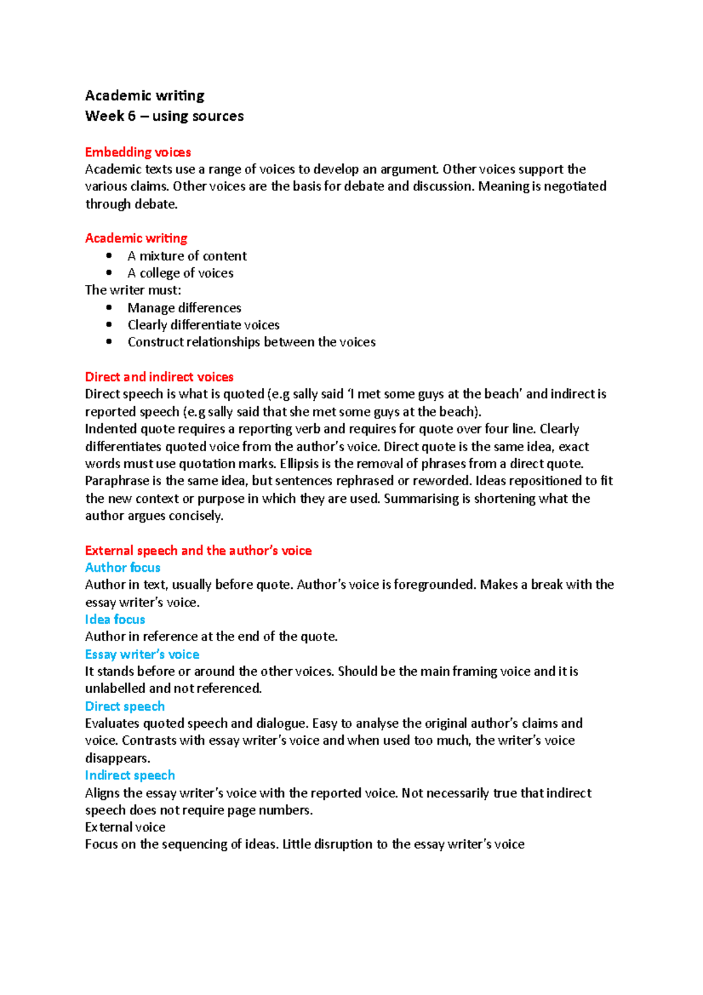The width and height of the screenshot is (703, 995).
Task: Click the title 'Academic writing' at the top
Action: point(145,96)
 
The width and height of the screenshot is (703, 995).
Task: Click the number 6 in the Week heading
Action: point(131,116)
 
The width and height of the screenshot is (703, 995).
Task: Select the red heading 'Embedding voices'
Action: point(138,152)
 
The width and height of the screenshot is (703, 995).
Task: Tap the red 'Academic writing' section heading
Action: point(136,238)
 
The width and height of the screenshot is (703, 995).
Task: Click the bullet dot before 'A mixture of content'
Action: point(109,255)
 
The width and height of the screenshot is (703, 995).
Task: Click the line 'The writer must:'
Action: point(133,290)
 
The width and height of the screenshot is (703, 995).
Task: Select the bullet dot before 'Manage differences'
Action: point(109,307)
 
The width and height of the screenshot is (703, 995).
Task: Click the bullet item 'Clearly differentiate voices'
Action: point(203,325)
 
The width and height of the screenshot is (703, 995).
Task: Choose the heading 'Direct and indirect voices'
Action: point(159,377)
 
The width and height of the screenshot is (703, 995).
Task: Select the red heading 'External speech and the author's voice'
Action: point(198,550)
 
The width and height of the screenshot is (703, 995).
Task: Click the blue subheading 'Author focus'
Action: point(122,567)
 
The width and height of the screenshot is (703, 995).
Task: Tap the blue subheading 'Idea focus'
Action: point(115,619)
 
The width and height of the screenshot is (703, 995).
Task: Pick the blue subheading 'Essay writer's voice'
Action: point(142,654)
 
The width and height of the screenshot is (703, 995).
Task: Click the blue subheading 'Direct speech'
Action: point(125,706)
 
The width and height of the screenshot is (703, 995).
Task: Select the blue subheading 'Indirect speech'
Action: point(129,775)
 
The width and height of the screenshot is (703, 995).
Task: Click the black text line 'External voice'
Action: point(125,827)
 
